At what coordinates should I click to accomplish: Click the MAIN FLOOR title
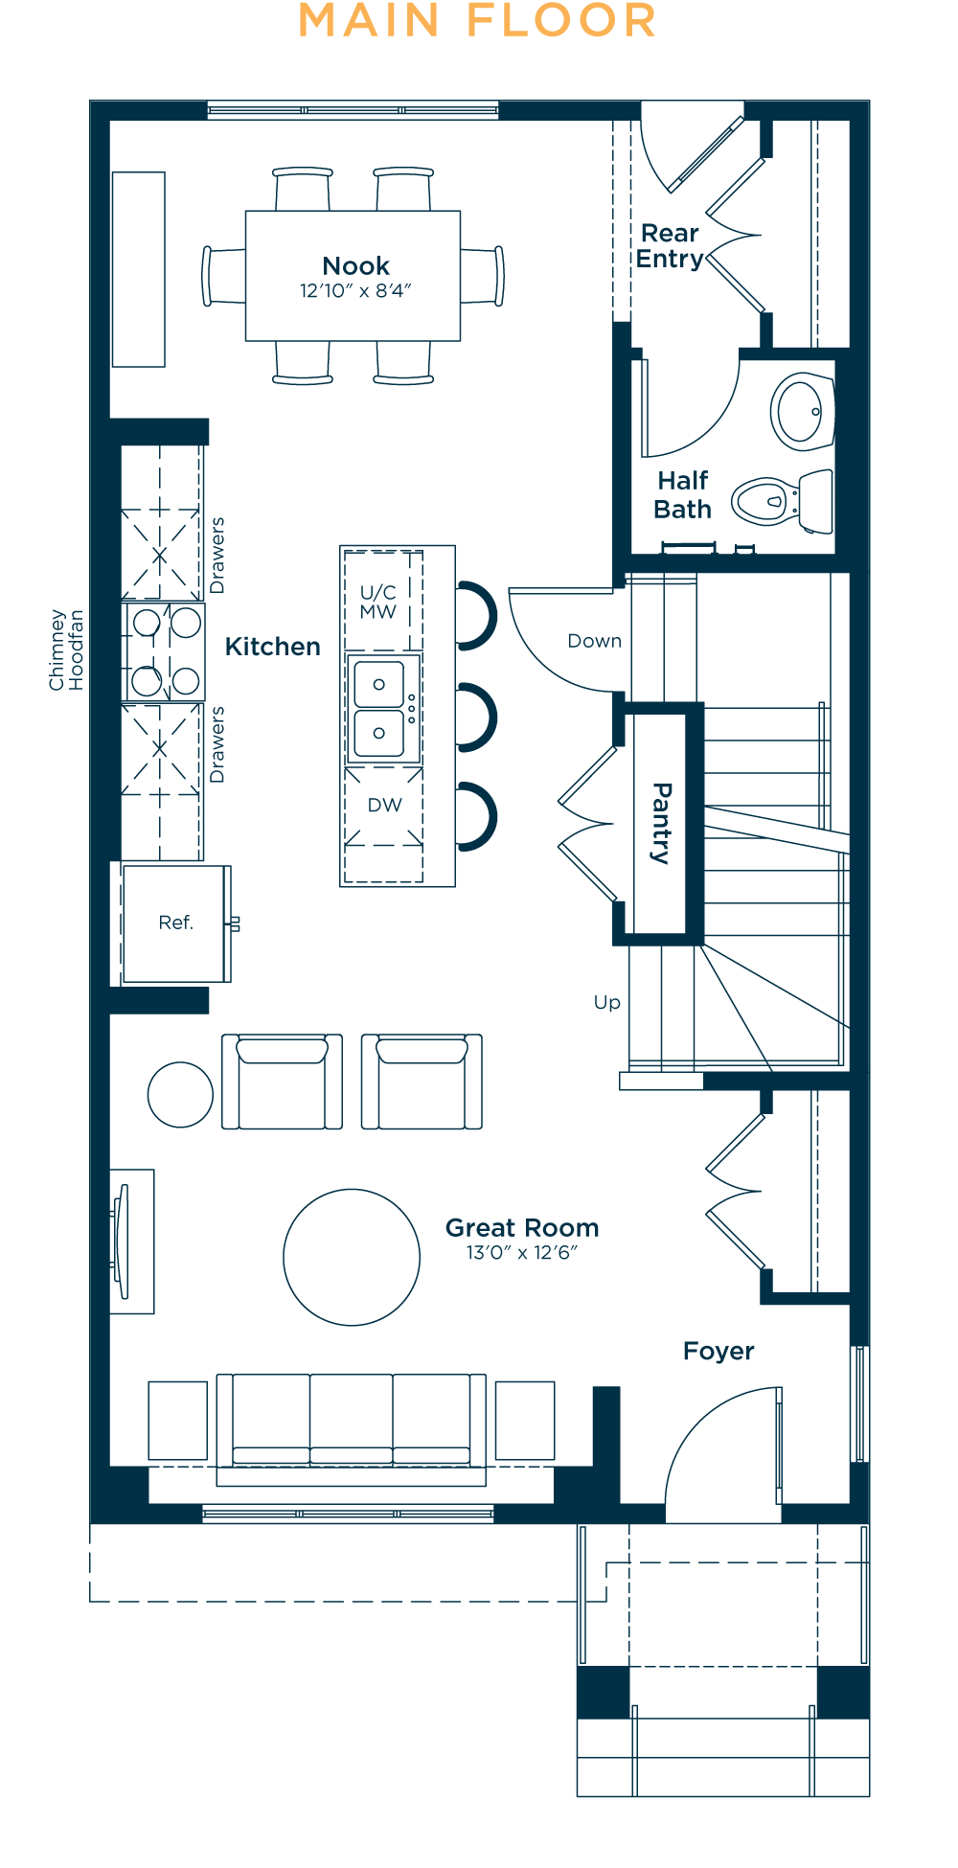(x=477, y=21)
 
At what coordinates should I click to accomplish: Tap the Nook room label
(x=355, y=265)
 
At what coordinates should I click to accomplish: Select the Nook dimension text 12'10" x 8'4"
(x=355, y=291)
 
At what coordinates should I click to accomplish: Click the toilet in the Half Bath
(x=783, y=500)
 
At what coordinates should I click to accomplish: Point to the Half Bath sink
(x=803, y=411)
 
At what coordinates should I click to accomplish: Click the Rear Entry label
(x=670, y=246)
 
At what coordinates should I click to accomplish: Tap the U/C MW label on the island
(x=378, y=602)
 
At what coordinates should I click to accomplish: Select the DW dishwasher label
(x=385, y=805)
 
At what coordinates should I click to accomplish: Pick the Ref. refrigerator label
(x=176, y=923)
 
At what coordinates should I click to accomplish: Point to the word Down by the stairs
(x=595, y=641)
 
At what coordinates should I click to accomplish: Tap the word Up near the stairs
(x=607, y=1002)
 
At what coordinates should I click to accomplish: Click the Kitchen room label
(x=273, y=647)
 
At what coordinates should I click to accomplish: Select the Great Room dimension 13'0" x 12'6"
(x=522, y=1253)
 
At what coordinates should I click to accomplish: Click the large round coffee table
(x=352, y=1257)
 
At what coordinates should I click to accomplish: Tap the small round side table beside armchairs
(x=180, y=1094)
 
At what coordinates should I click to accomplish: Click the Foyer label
(x=718, y=1352)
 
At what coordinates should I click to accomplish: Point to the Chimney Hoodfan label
(x=67, y=649)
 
